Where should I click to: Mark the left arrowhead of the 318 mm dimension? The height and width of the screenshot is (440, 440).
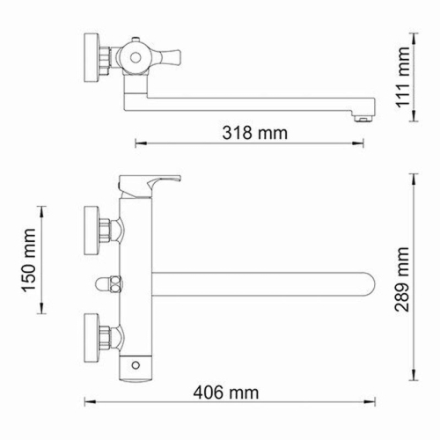click(137, 144)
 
